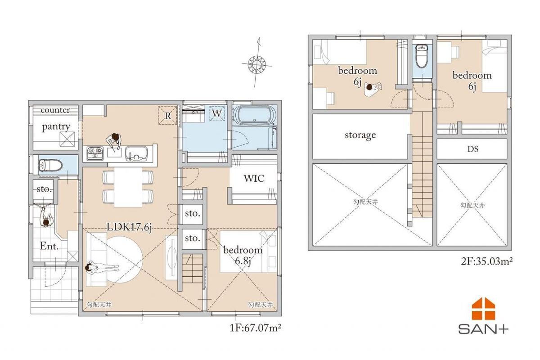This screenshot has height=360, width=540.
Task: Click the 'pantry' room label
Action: point(56,127)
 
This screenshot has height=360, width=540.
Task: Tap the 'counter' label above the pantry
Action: point(55,110)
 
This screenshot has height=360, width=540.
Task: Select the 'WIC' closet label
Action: point(254,179)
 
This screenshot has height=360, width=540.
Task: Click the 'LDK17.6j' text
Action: point(129,227)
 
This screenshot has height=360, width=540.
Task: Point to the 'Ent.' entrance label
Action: point(49,246)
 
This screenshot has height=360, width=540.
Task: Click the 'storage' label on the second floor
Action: point(360,135)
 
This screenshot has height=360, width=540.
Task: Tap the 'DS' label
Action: point(473,149)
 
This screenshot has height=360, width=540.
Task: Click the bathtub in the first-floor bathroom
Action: point(254,115)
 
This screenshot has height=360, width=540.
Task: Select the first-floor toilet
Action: point(50,166)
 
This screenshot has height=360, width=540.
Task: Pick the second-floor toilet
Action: point(422,56)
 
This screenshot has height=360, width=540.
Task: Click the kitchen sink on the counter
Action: point(136,154)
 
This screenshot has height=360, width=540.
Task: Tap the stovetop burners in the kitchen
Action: point(95,153)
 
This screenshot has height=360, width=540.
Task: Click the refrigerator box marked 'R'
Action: point(168,115)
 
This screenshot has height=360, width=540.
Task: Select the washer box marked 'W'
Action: point(217,113)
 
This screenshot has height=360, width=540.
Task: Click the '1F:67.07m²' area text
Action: point(255,328)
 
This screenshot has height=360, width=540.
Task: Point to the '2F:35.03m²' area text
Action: point(487,261)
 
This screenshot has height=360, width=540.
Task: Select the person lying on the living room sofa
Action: point(102,268)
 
